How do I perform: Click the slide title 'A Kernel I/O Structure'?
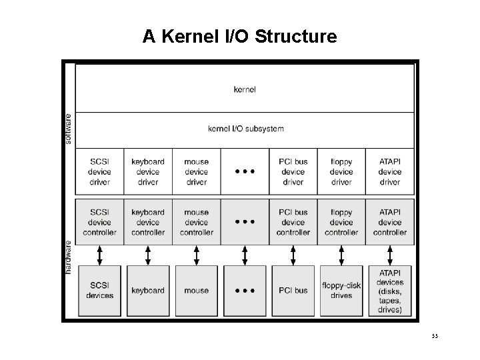tap(239, 36)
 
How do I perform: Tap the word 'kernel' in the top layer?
tap(245, 89)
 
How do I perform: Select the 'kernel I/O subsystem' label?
tap(246, 129)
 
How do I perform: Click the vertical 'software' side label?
tap(68, 128)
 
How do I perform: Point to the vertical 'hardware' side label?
tap(68, 256)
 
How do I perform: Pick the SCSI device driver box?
tap(99, 172)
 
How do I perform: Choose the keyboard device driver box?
tap(148, 172)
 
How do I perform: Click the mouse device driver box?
tap(197, 172)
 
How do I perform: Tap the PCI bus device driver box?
tap(293, 172)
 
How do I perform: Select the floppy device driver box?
tap(341, 172)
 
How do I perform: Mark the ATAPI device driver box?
tap(390, 172)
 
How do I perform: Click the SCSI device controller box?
tap(99, 223)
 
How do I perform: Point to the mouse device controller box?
tap(197, 223)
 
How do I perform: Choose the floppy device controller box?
tap(341, 223)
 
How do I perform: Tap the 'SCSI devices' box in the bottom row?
tap(99, 291)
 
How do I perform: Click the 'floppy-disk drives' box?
tap(341, 291)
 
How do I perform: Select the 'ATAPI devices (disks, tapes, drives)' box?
tap(390, 291)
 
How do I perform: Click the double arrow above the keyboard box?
tap(148, 254)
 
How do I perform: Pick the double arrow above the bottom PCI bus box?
tap(293, 254)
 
